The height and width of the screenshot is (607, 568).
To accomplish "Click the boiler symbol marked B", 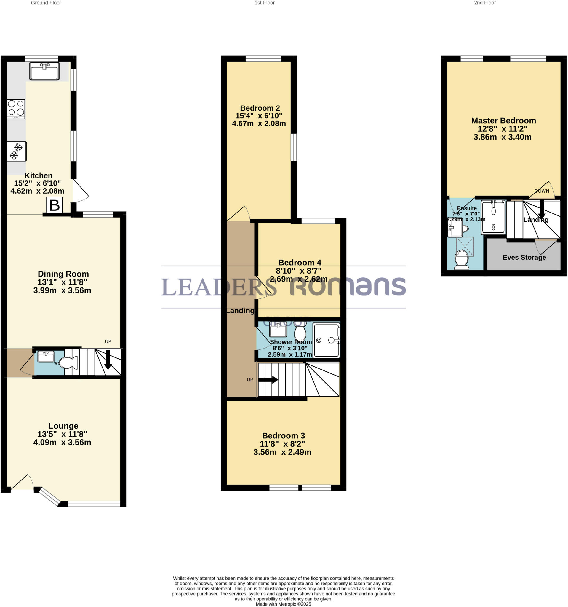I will tap(54, 205).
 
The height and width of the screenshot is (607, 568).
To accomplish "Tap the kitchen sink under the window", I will tap(44, 71).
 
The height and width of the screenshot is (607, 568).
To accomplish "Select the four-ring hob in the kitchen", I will tap(16, 109).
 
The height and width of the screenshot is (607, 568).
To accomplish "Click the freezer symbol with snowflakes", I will tap(17, 151).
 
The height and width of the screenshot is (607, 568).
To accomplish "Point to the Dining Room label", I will tap(63, 274).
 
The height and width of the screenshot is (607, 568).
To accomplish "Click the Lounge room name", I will tap(63, 426).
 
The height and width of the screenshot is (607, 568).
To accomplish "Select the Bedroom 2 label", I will tap(260, 108).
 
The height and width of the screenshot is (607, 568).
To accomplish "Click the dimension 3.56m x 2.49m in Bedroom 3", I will tap(282, 452).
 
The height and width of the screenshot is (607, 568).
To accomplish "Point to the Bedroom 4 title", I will tap(300, 263).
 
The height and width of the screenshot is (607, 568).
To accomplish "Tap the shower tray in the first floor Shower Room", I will tap(326, 341).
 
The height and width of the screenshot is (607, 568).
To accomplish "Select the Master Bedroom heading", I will tap(503, 121).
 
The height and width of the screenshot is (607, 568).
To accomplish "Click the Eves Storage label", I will tap(524, 257).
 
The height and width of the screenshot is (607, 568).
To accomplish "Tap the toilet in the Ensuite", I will tap(461, 261).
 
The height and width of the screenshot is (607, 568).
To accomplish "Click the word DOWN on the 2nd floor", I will tap(541, 191).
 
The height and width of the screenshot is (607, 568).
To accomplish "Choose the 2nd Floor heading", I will tap(485, 3).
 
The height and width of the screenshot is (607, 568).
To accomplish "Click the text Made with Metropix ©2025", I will tap(283, 604).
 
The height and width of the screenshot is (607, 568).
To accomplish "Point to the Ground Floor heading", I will tap(46, 3).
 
